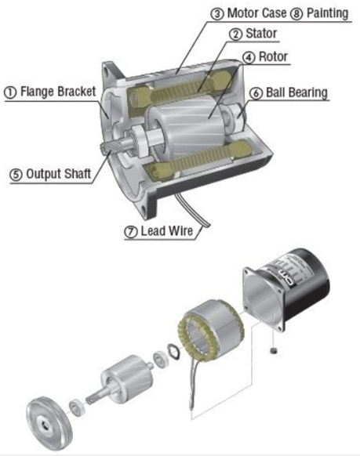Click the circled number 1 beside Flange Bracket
click(x=10, y=92)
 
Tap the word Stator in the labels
click(x=261, y=33)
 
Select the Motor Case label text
click(x=256, y=13)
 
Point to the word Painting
click(x=327, y=13)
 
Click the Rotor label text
click(x=273, y=56)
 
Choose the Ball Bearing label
click(x=296, y=92)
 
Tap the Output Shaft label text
click(x=59, y=174)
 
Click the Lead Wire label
click(x=167, y=231)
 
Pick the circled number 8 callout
click(x=296, y=13)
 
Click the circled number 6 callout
click(x=256, y=93)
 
